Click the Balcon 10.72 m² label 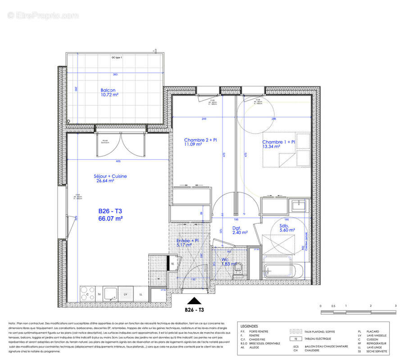pos(109,93)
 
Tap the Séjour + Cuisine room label pos(110,179)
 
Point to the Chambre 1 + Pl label pos(279,144)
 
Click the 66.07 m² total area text pos(111,219)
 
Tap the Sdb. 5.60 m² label pos(287,227)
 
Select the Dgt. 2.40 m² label pos(240,230)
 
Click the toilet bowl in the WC pos(241,269)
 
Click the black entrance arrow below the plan pos(195,301)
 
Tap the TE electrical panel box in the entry pos(172,264)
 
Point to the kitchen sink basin pos(110,294)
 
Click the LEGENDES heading pos(250,325)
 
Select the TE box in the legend pos(295,338)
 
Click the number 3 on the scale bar pos(395,306)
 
